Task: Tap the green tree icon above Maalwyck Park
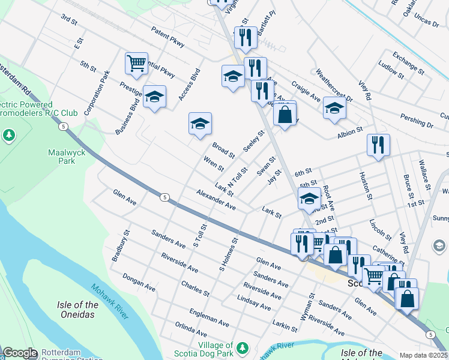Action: coord(8,135)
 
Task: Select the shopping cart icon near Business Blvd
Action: coord(137,63)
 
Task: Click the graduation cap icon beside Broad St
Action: coord(200,124)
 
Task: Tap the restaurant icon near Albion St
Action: coord(378,145)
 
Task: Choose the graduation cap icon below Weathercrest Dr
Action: coord(334,108)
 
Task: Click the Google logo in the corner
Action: coord(20,353)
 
